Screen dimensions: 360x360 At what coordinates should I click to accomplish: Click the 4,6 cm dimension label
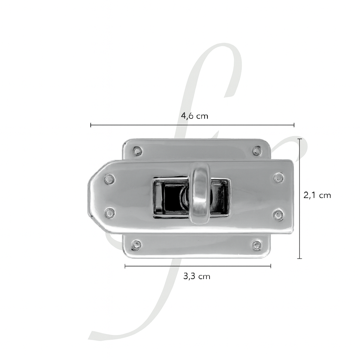click(x=194, y=116)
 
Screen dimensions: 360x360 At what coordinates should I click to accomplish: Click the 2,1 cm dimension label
click(x=317, y=195)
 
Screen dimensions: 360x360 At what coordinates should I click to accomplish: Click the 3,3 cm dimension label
click(x=197, y=276)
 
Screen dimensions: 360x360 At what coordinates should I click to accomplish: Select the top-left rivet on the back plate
click(x=137, y=150)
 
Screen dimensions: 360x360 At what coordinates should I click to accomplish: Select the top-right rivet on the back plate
click(x=257, y=150)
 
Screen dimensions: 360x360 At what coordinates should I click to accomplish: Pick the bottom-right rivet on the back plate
click(x=256, y=245)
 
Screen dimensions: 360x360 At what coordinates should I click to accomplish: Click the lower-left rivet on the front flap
click(x=110, y=212)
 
